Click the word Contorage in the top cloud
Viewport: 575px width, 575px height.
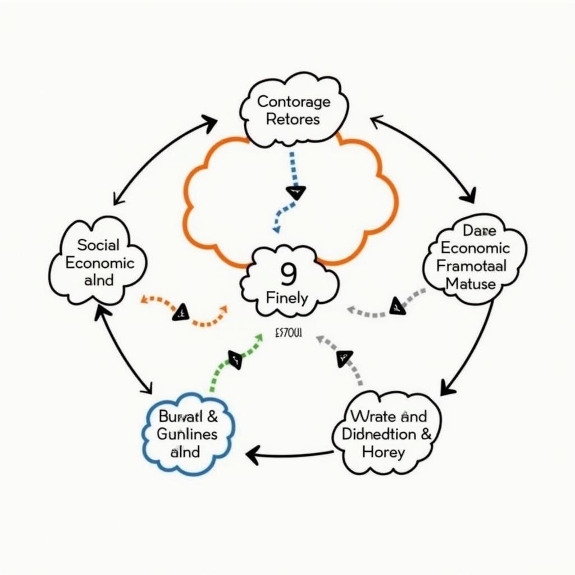(294, 102)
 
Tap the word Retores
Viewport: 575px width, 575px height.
(293, 119)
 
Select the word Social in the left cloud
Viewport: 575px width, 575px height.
(98, 245)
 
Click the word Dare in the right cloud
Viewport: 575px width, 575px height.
(477, 230)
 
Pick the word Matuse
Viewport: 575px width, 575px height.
(471, 284)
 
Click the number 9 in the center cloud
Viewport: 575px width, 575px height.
(287, 275)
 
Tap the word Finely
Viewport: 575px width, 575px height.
(286, 298)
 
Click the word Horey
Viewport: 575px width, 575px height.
(384, 452)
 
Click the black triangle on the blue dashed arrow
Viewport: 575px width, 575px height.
(296, 193)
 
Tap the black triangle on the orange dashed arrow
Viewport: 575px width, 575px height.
(181, 312)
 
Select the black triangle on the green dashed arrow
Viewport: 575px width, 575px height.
(235, 359)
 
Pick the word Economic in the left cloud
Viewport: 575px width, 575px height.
(100, 263)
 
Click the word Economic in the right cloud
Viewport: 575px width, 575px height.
(474, 248)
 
